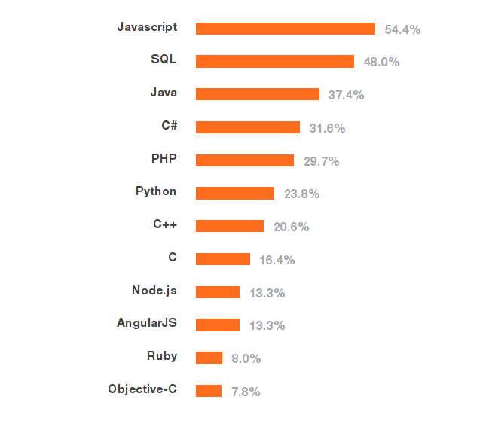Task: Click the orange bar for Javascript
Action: pos(285,29)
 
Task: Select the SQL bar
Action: pos(274,61)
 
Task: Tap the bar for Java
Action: pos(257,94)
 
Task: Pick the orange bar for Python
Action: pos(234,194)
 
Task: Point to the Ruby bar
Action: pos(209,358)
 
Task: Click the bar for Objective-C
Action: pos(208,391)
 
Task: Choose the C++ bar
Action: pos(229,226)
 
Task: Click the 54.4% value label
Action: pos(402,29)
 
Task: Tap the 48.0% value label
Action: pos(381,62)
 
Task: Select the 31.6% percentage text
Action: pos(327,128)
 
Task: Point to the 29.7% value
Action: pos(321,161)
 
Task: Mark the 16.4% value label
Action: pos(277,260)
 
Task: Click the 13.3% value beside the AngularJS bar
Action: pos(267,325)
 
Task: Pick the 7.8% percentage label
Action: pos(246,392)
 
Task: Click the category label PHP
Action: pos(164,159)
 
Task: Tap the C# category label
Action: pos(169,126)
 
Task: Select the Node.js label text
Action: pos(154,291)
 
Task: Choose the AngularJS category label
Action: pos(146,323)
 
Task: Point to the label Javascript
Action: pos(147,27)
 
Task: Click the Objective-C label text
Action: pos(142,389)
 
